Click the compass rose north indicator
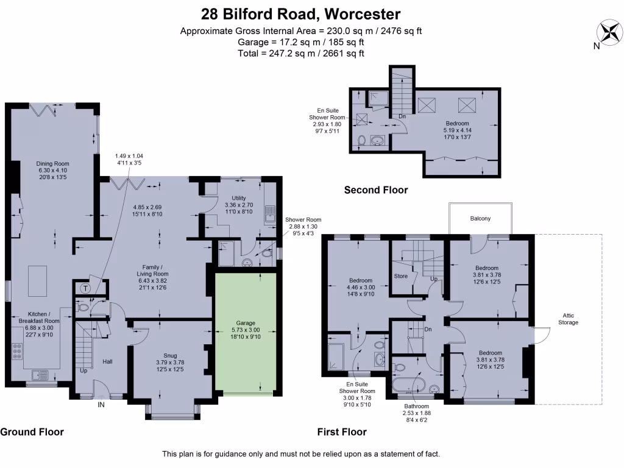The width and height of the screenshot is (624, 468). click(x=609, y=33)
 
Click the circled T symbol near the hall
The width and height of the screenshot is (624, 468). click(x=85, y=288)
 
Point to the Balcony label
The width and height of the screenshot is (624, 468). click(x=480, y=219)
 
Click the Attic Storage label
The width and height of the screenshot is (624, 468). click(x=568, y=319)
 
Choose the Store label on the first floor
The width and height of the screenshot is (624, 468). click(x=401, y=276)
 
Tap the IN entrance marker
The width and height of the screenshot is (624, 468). click(x=101, y=405)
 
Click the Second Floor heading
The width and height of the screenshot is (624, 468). click(x=376, y=190)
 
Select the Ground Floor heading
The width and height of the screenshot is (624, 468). click(x=32, y=432)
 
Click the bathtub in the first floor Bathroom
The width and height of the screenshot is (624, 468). click(x=409, y=385)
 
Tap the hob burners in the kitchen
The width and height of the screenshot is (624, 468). click(x=17, y=352)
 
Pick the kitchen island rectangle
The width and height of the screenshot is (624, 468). click(x=37, y=281)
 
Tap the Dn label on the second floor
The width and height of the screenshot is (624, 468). click(x=402, y=116)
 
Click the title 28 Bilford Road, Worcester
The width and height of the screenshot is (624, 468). click(x=300, y=14)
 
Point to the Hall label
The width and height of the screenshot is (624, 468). click(x=107, y=362)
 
